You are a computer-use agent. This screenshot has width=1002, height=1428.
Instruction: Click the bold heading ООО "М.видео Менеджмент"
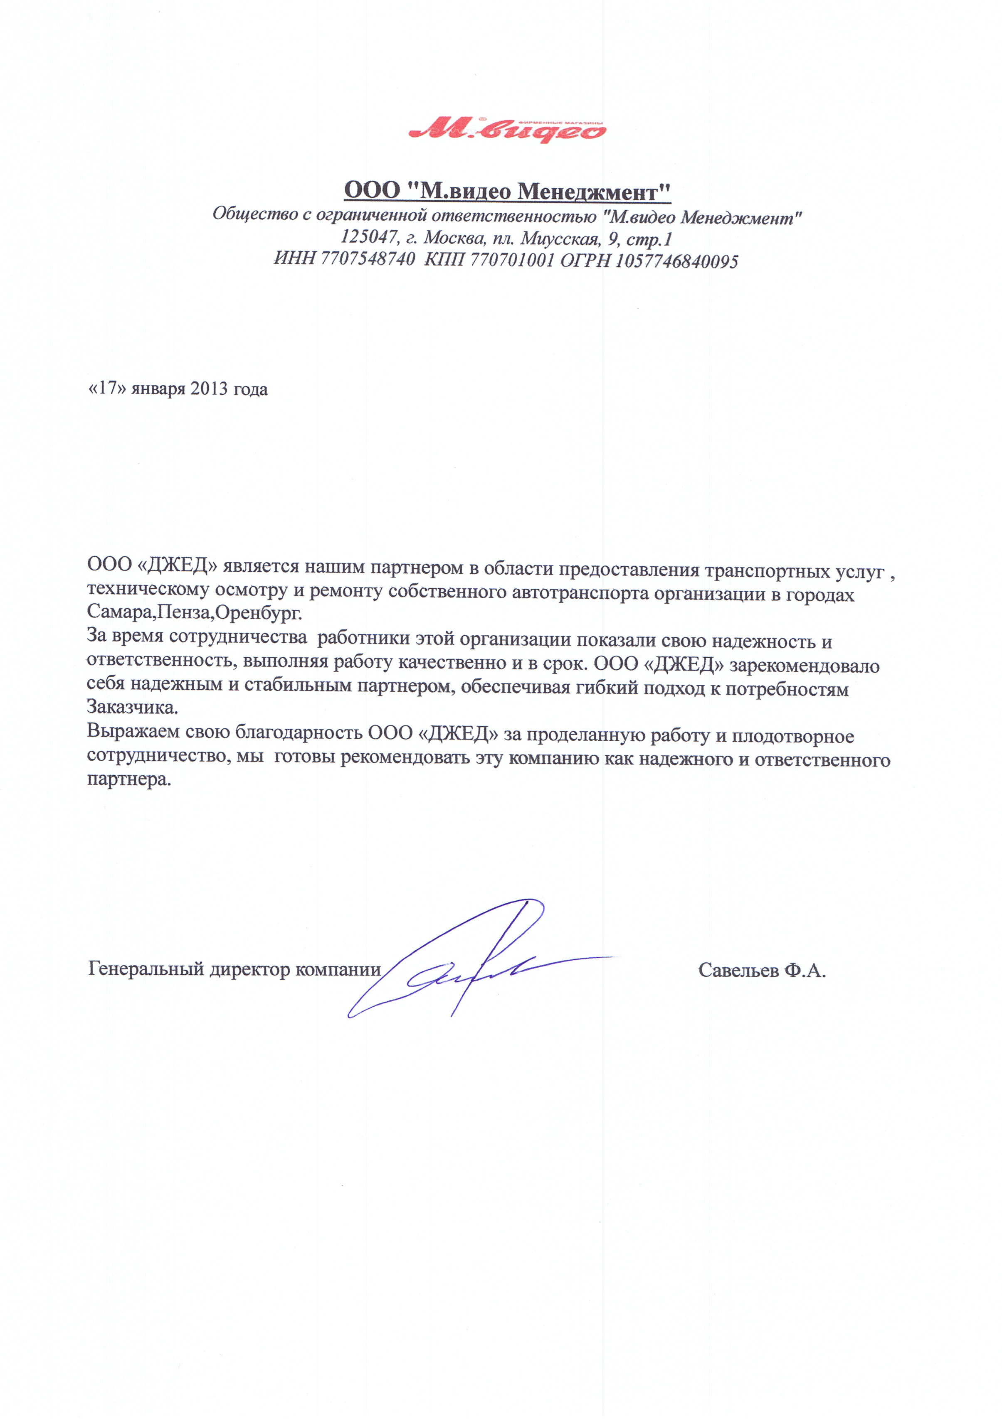pos(507,190)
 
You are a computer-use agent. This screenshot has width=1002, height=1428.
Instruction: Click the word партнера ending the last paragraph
pos(128,779)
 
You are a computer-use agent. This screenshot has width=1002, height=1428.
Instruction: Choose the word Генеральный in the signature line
pos(145,969)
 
